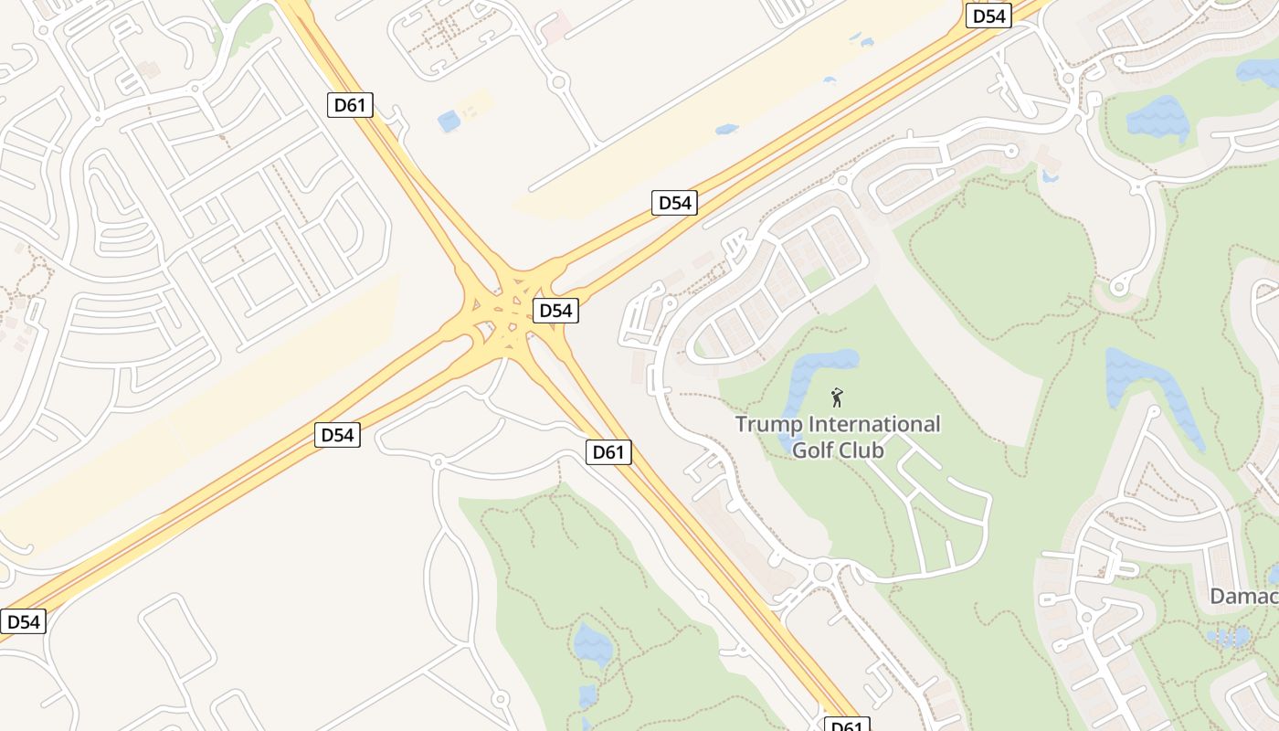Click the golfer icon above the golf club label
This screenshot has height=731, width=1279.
pos(836,397)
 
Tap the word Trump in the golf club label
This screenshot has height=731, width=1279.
pos(769,425)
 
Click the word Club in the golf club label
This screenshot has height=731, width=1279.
pos(864,450)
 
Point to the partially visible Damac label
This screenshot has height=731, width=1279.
pos(1244,597)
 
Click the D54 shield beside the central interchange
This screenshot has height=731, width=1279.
pos(555,311)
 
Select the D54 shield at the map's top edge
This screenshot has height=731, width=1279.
pos(988,16)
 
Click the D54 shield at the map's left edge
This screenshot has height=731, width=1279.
pos(23,622)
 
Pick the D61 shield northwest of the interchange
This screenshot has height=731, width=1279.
pos(349,105)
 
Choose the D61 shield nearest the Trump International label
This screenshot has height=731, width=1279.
pos(608,451)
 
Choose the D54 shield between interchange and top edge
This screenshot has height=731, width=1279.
pos(674,203)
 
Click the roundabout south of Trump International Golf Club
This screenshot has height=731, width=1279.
pos(822,572)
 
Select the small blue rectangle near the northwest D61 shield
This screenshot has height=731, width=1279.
pos(449,121)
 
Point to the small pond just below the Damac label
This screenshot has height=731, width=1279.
pos(1229,636)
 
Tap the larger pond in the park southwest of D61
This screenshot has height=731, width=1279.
pos(593,645)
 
